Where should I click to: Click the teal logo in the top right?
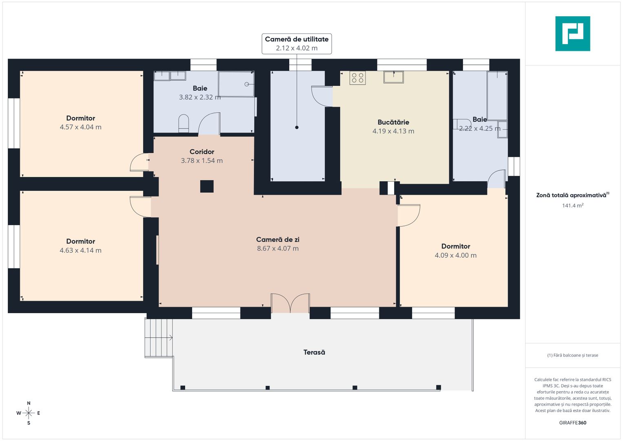[x=572, y=33]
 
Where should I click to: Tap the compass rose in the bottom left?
[x=29, y=413]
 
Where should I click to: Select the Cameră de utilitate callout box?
[x=297, y=44]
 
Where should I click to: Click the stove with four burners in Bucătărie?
[x=357, y=78]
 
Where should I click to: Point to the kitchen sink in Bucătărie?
[x=393, y=77]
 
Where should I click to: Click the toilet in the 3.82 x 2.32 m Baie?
[x=184, y=123]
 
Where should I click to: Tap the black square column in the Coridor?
[x=207, y=186]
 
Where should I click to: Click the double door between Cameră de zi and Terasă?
[x=290, y=303]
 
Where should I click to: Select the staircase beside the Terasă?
[x=159, y=338]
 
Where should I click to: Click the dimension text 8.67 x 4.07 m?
[x=277, y=249]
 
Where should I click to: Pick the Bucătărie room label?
[x=393, y=122]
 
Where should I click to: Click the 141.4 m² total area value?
[x=572, y=205]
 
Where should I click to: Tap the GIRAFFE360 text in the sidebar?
[x=572, y=423]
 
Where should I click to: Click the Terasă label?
[x=314, y=352]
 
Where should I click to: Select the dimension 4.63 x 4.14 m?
[x=80, y=251]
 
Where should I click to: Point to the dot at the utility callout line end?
[x=297, y=127]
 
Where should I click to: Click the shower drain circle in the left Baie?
[x=247, y=84]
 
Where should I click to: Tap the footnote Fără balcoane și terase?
[x=572, y=355]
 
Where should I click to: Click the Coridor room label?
[x=202, y=152]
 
